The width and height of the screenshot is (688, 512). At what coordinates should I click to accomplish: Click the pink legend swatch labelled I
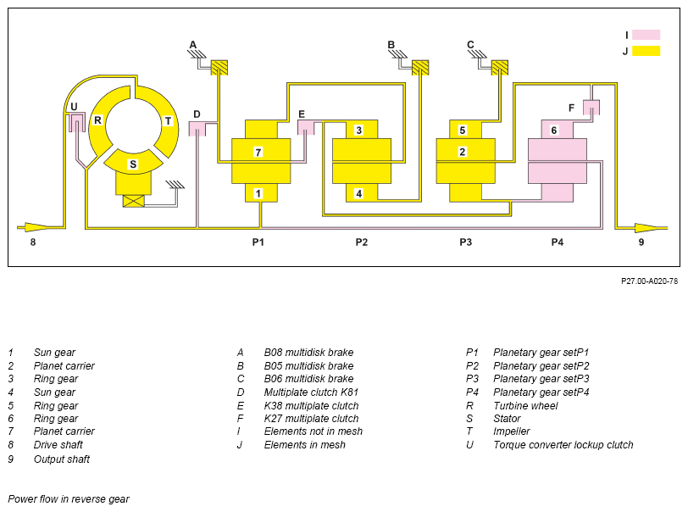[x=646, y=35]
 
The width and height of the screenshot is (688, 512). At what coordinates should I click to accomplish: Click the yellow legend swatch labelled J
[x=646, y=51]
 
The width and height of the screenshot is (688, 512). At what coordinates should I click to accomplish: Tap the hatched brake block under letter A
[x=219, y=68]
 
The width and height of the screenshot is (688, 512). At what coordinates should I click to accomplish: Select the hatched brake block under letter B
[x=420, y=68]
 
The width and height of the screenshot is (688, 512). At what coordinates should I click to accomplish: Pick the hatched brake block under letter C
[x=499, y=68]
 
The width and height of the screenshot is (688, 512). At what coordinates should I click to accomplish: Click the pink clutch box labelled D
[x=197, y=129]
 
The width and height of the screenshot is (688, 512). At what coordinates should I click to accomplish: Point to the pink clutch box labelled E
[x=306, y=127]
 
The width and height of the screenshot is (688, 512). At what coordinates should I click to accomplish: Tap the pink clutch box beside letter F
[x=591, y=108]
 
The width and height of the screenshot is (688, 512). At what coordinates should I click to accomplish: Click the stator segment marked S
[x=133, y=162]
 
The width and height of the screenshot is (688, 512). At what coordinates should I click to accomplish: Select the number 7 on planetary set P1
[x=258, y=153]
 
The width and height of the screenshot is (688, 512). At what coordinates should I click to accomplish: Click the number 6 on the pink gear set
[x=554, y=131]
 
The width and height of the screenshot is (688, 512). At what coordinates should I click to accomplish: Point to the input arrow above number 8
[x=34, y=227]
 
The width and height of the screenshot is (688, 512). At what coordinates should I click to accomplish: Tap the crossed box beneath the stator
[x=133, y=201]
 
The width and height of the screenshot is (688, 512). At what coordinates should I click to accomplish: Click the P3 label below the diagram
[x=465, y=242]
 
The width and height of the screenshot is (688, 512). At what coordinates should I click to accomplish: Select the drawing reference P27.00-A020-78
[x=649, y=281]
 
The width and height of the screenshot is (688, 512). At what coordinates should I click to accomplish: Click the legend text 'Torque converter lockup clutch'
[x=563, y=445]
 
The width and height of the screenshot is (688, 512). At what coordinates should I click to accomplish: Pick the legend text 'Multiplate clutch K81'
[x=311, y=392]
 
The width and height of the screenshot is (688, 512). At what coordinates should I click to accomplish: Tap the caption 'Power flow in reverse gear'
[x=69, y=499]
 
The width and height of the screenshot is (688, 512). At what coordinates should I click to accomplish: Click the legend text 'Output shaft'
[x=61, y=459]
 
